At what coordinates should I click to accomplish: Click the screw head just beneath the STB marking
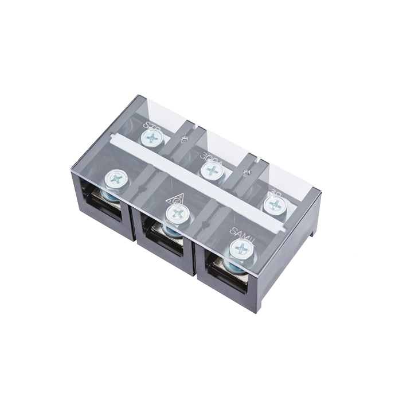pos(151,137)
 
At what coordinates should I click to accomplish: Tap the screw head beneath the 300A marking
pos(212,170)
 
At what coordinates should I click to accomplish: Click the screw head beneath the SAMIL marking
pos(241,249)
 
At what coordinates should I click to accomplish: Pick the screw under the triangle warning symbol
pos(177,215)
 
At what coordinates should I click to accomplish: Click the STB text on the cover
pos(151,125)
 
